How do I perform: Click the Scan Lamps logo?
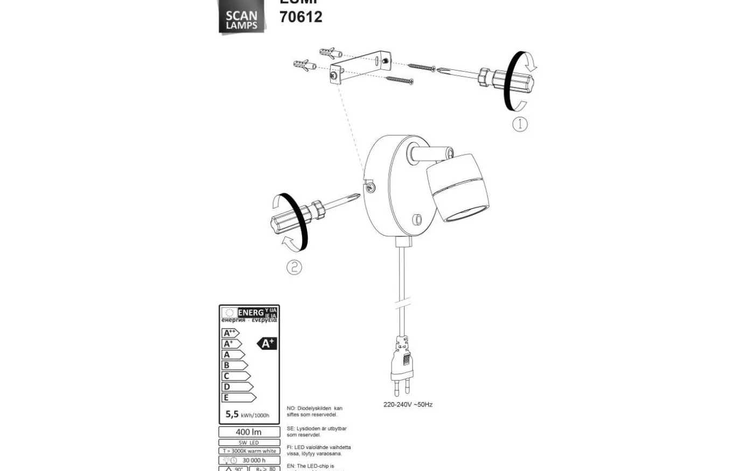[241, 19]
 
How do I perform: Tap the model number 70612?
[301, 17]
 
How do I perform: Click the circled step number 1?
[519, 124]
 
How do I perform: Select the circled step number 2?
[294, 267]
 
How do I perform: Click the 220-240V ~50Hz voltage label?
[408, 404]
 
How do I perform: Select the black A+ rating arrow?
[267, 343]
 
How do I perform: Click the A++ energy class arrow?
[231, 333]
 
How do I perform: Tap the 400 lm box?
[249, 432]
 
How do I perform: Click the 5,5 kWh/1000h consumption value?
[247, 414]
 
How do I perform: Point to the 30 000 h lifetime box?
[249, 460]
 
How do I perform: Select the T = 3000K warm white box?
[249, 451]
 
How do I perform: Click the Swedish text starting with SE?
[316, 432]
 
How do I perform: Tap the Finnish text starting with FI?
[318, 451]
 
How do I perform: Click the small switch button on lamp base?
[416, 219]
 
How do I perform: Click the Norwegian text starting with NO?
[314, 411]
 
